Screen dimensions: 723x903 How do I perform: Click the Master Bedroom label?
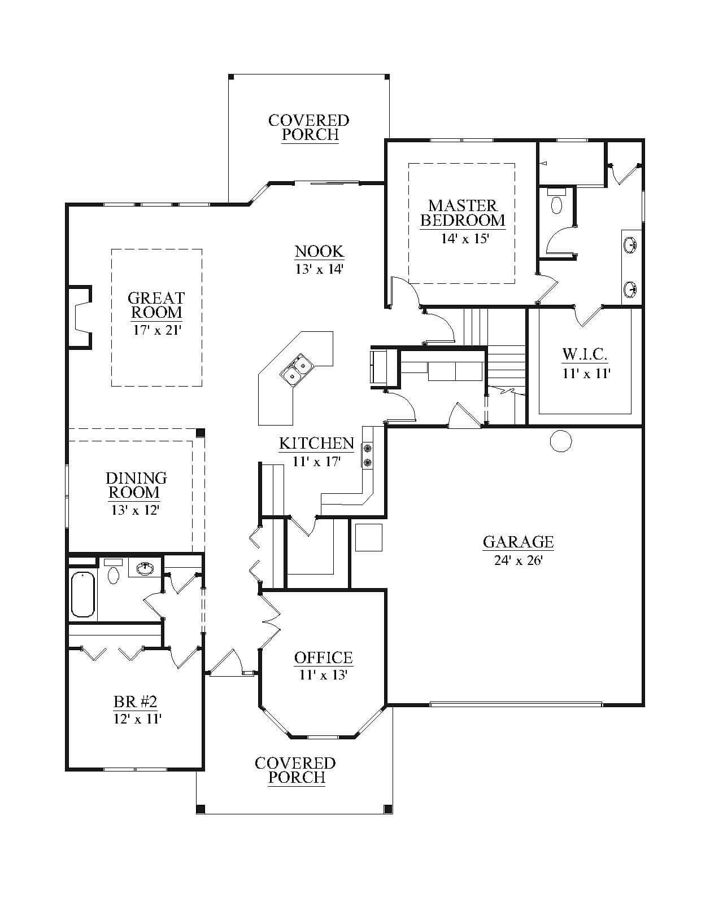[463, 213]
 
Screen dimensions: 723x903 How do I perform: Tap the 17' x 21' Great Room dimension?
[156, 330]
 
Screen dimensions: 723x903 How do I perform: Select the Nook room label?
[319, 251]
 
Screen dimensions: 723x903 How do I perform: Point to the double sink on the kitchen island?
[296, 369]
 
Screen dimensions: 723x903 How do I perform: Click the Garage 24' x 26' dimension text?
[519, 560]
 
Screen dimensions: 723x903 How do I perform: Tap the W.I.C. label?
[585, 354]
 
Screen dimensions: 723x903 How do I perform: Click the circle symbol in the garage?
[561, 441]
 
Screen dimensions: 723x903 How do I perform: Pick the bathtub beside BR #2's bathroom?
[83, 595]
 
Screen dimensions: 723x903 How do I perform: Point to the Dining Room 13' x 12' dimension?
[135, 510]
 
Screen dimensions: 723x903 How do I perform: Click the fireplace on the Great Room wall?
[80, 317]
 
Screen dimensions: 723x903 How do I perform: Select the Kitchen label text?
[316, 443]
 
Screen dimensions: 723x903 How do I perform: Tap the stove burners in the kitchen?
[368, 455]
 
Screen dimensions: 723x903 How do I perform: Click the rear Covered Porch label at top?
[309, 128]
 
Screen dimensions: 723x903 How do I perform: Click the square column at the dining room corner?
[201, 433]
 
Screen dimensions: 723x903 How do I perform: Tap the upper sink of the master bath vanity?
[630, 245]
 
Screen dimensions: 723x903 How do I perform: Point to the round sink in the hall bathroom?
[146, 568]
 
